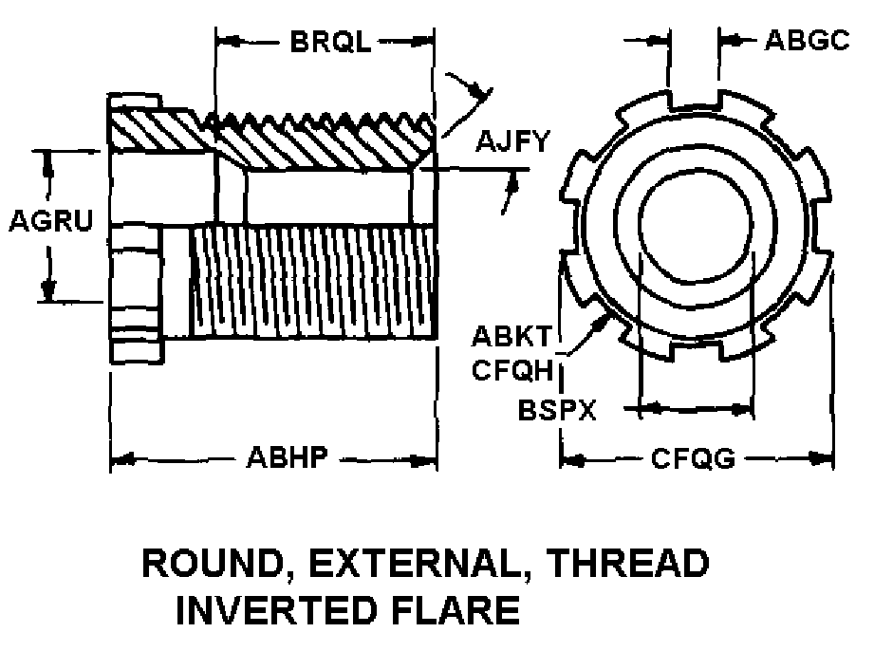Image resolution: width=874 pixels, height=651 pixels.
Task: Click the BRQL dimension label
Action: pyautogui.click(x=330, y=41)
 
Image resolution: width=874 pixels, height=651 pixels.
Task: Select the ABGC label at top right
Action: pyautogui.click(x=808, y=40)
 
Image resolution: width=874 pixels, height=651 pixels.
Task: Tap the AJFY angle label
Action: pyautogui.click(x=512, y=141)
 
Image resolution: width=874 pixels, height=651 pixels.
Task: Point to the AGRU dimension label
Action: pyautogui.click(x=50, y=221)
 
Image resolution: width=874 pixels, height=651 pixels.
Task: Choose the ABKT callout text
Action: pyautogui.click(x=511, y=336)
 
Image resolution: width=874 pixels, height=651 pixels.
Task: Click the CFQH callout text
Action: pyautogui.click(x=512, y=369)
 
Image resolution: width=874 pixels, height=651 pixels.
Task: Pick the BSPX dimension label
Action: pyautogui.click(x=557, y=410)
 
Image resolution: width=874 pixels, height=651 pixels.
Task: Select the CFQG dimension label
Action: pyautogui.click(x=693, y=458)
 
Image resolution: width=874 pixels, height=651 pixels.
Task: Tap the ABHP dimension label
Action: pyautogui.click(x=287, y=457)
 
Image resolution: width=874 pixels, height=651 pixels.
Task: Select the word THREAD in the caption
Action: pyautogui.click(x=627, y=563)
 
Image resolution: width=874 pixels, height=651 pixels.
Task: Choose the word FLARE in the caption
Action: pyautogui.click(x=456, y=610)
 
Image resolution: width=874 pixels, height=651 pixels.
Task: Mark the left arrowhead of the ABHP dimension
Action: pyautogui.click(x=121, y=460)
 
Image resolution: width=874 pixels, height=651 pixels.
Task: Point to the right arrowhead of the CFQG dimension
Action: pyautogui.click(x=823, y=458)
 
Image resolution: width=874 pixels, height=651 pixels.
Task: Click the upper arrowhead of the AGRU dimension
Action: pyautogui.click(x=48, y=165)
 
